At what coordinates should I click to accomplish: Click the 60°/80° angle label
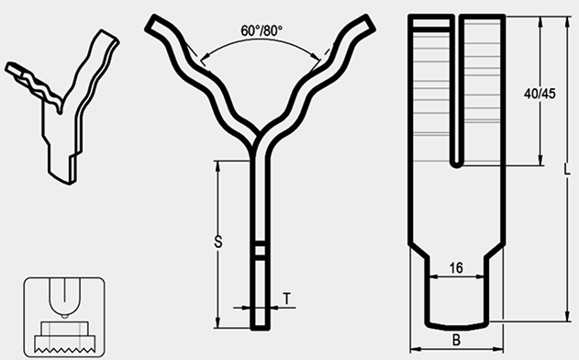click(262, 30)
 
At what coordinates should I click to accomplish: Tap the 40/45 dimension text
click(540, 94)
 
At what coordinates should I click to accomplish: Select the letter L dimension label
click(568, 169)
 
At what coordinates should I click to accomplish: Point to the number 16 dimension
click(456, 267)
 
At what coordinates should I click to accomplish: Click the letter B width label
click(456, 340)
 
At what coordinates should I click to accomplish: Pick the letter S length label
click(218, 242)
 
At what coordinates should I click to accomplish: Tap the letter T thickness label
click(286, 298)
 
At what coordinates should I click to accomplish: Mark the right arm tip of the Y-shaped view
click(369, 23)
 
